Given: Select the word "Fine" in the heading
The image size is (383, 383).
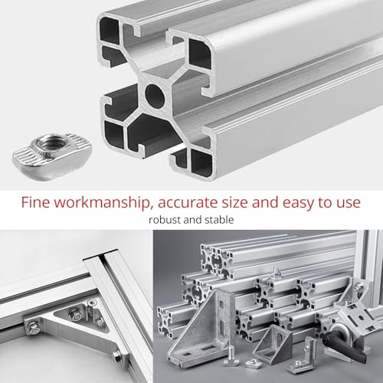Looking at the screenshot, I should (x=36, y=203).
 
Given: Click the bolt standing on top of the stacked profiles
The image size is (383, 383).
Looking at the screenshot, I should (x=273, y=271).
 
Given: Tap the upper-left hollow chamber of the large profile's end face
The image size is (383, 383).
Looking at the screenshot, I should (x=115, y=38).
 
